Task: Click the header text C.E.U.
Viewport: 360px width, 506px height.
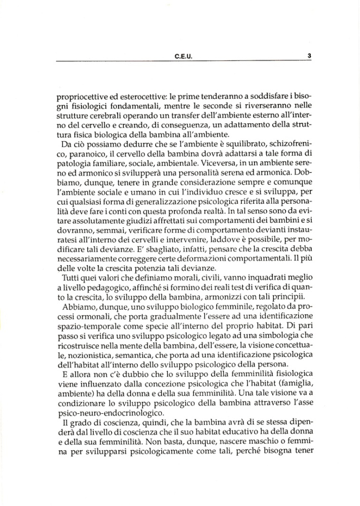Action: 183,57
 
